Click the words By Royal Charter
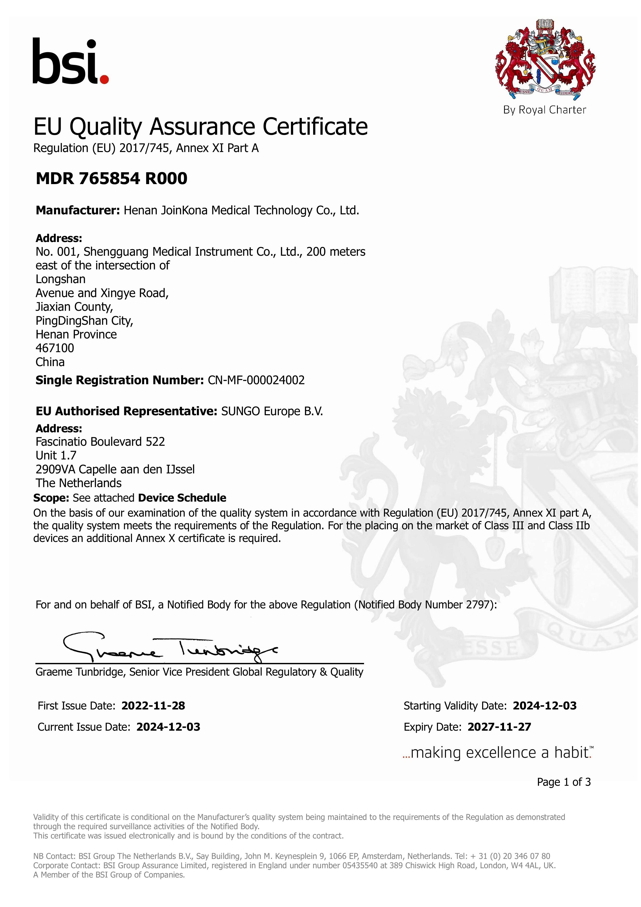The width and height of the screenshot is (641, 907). point(544,110)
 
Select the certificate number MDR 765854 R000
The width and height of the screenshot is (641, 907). point(111,179)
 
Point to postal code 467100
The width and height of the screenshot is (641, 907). point(55,348)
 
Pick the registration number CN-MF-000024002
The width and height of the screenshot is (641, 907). point(256,380)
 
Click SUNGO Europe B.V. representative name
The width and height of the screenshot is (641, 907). point(272,411)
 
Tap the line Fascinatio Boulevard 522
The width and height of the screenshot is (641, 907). point(100,441)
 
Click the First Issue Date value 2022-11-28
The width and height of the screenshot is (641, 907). point(153,706)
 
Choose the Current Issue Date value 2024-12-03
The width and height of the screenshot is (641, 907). point(168,727)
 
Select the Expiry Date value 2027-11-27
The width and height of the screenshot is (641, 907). point(499,727)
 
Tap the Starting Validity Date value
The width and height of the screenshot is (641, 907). point(544,706)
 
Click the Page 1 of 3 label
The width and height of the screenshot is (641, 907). point(564,782)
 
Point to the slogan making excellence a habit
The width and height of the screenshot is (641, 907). point(498,753)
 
